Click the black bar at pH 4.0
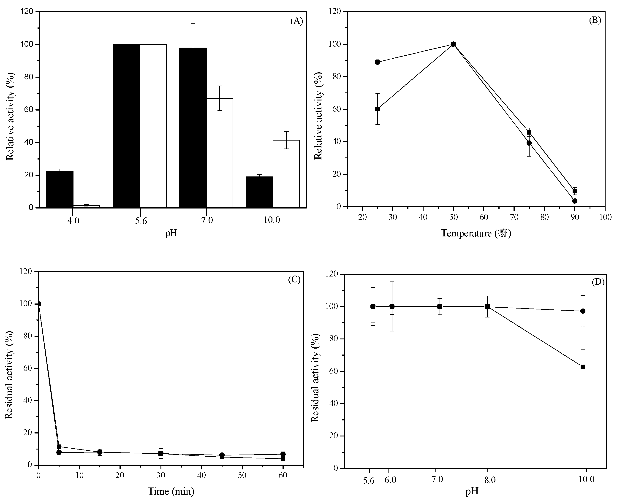click(60, 189)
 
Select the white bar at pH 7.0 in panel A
click(220, 153)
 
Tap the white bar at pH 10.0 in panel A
click(286, 174)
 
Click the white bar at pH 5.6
click(153, 126)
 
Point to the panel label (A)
click(296, 21)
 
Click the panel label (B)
click(595, 20)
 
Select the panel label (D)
click(598, 282)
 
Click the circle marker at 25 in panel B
click(377, 62)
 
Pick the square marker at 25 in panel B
click(377, 109)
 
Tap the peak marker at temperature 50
click(453, 44)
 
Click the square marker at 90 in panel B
click(575, 191)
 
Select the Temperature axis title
click(476, 233)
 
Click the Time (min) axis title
click(171, 491)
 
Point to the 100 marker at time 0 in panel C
click(39, 304)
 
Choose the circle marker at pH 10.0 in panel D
click(583, 311)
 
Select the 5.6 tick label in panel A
click(141, 221)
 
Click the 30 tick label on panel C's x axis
click(160, 476)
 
